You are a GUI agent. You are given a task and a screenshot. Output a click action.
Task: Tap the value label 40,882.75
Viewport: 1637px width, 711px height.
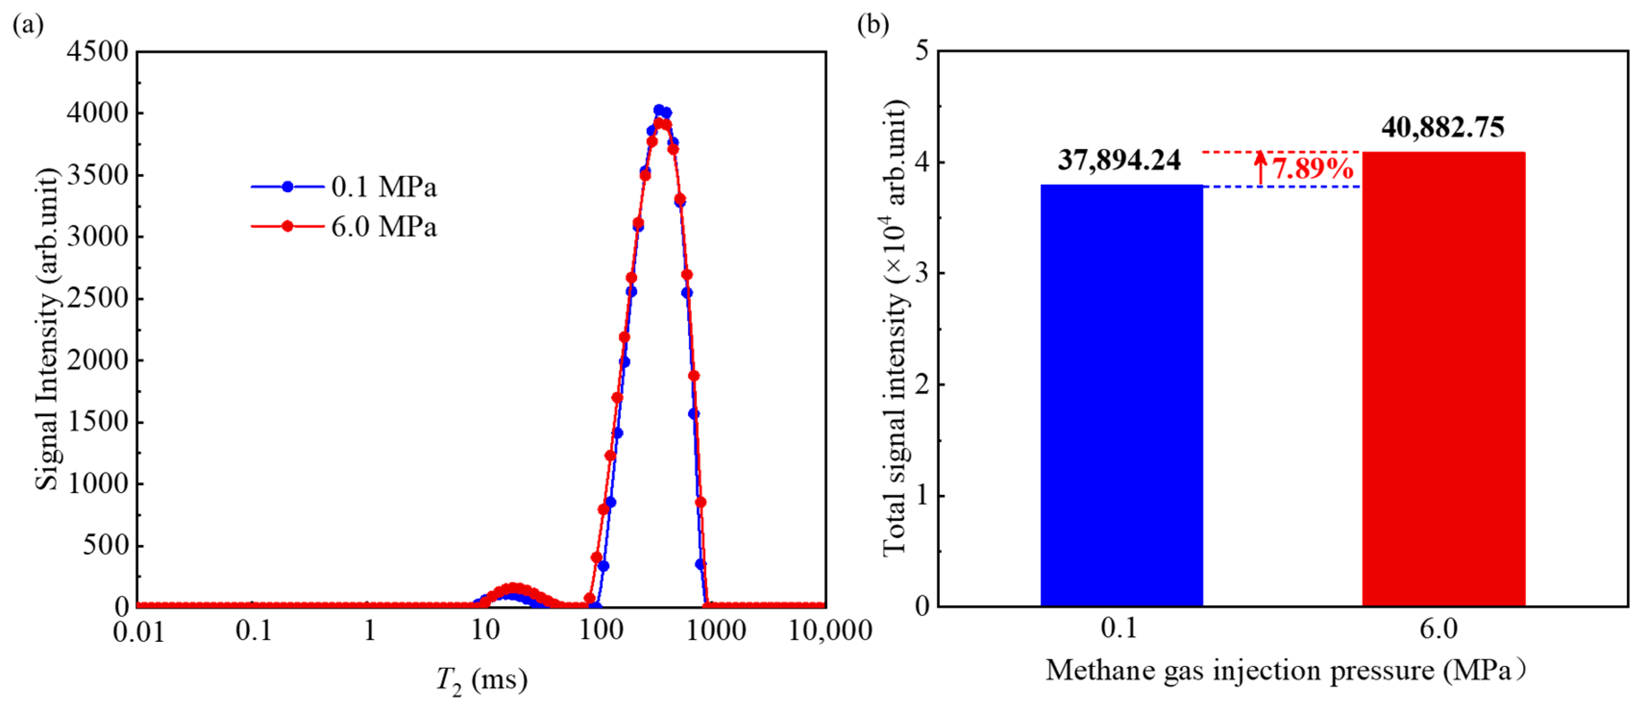click(1442, 127)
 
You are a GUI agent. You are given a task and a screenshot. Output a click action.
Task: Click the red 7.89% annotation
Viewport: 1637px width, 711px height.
click(1312, 169)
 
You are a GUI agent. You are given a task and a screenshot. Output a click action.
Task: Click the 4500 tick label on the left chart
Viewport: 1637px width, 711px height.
click(97, 51)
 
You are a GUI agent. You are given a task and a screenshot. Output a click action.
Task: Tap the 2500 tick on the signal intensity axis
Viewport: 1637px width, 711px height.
click(97, 298)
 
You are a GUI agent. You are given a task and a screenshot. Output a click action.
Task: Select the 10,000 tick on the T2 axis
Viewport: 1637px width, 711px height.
click(829, 630)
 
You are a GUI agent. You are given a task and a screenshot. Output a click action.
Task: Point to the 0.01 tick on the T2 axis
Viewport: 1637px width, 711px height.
click(138, 632)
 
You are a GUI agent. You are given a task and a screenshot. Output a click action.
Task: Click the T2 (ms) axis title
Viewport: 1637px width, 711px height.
click(481, 680)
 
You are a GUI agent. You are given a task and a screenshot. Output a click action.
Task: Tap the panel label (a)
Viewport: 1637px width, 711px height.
click(28, 25)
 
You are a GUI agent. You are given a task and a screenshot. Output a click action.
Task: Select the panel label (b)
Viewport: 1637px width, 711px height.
click(872, 25)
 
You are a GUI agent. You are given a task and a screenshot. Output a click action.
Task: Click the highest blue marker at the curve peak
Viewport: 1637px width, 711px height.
click(659, 110)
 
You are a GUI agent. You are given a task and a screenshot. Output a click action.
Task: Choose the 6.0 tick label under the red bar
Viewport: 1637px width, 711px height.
click(1439, 629)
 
